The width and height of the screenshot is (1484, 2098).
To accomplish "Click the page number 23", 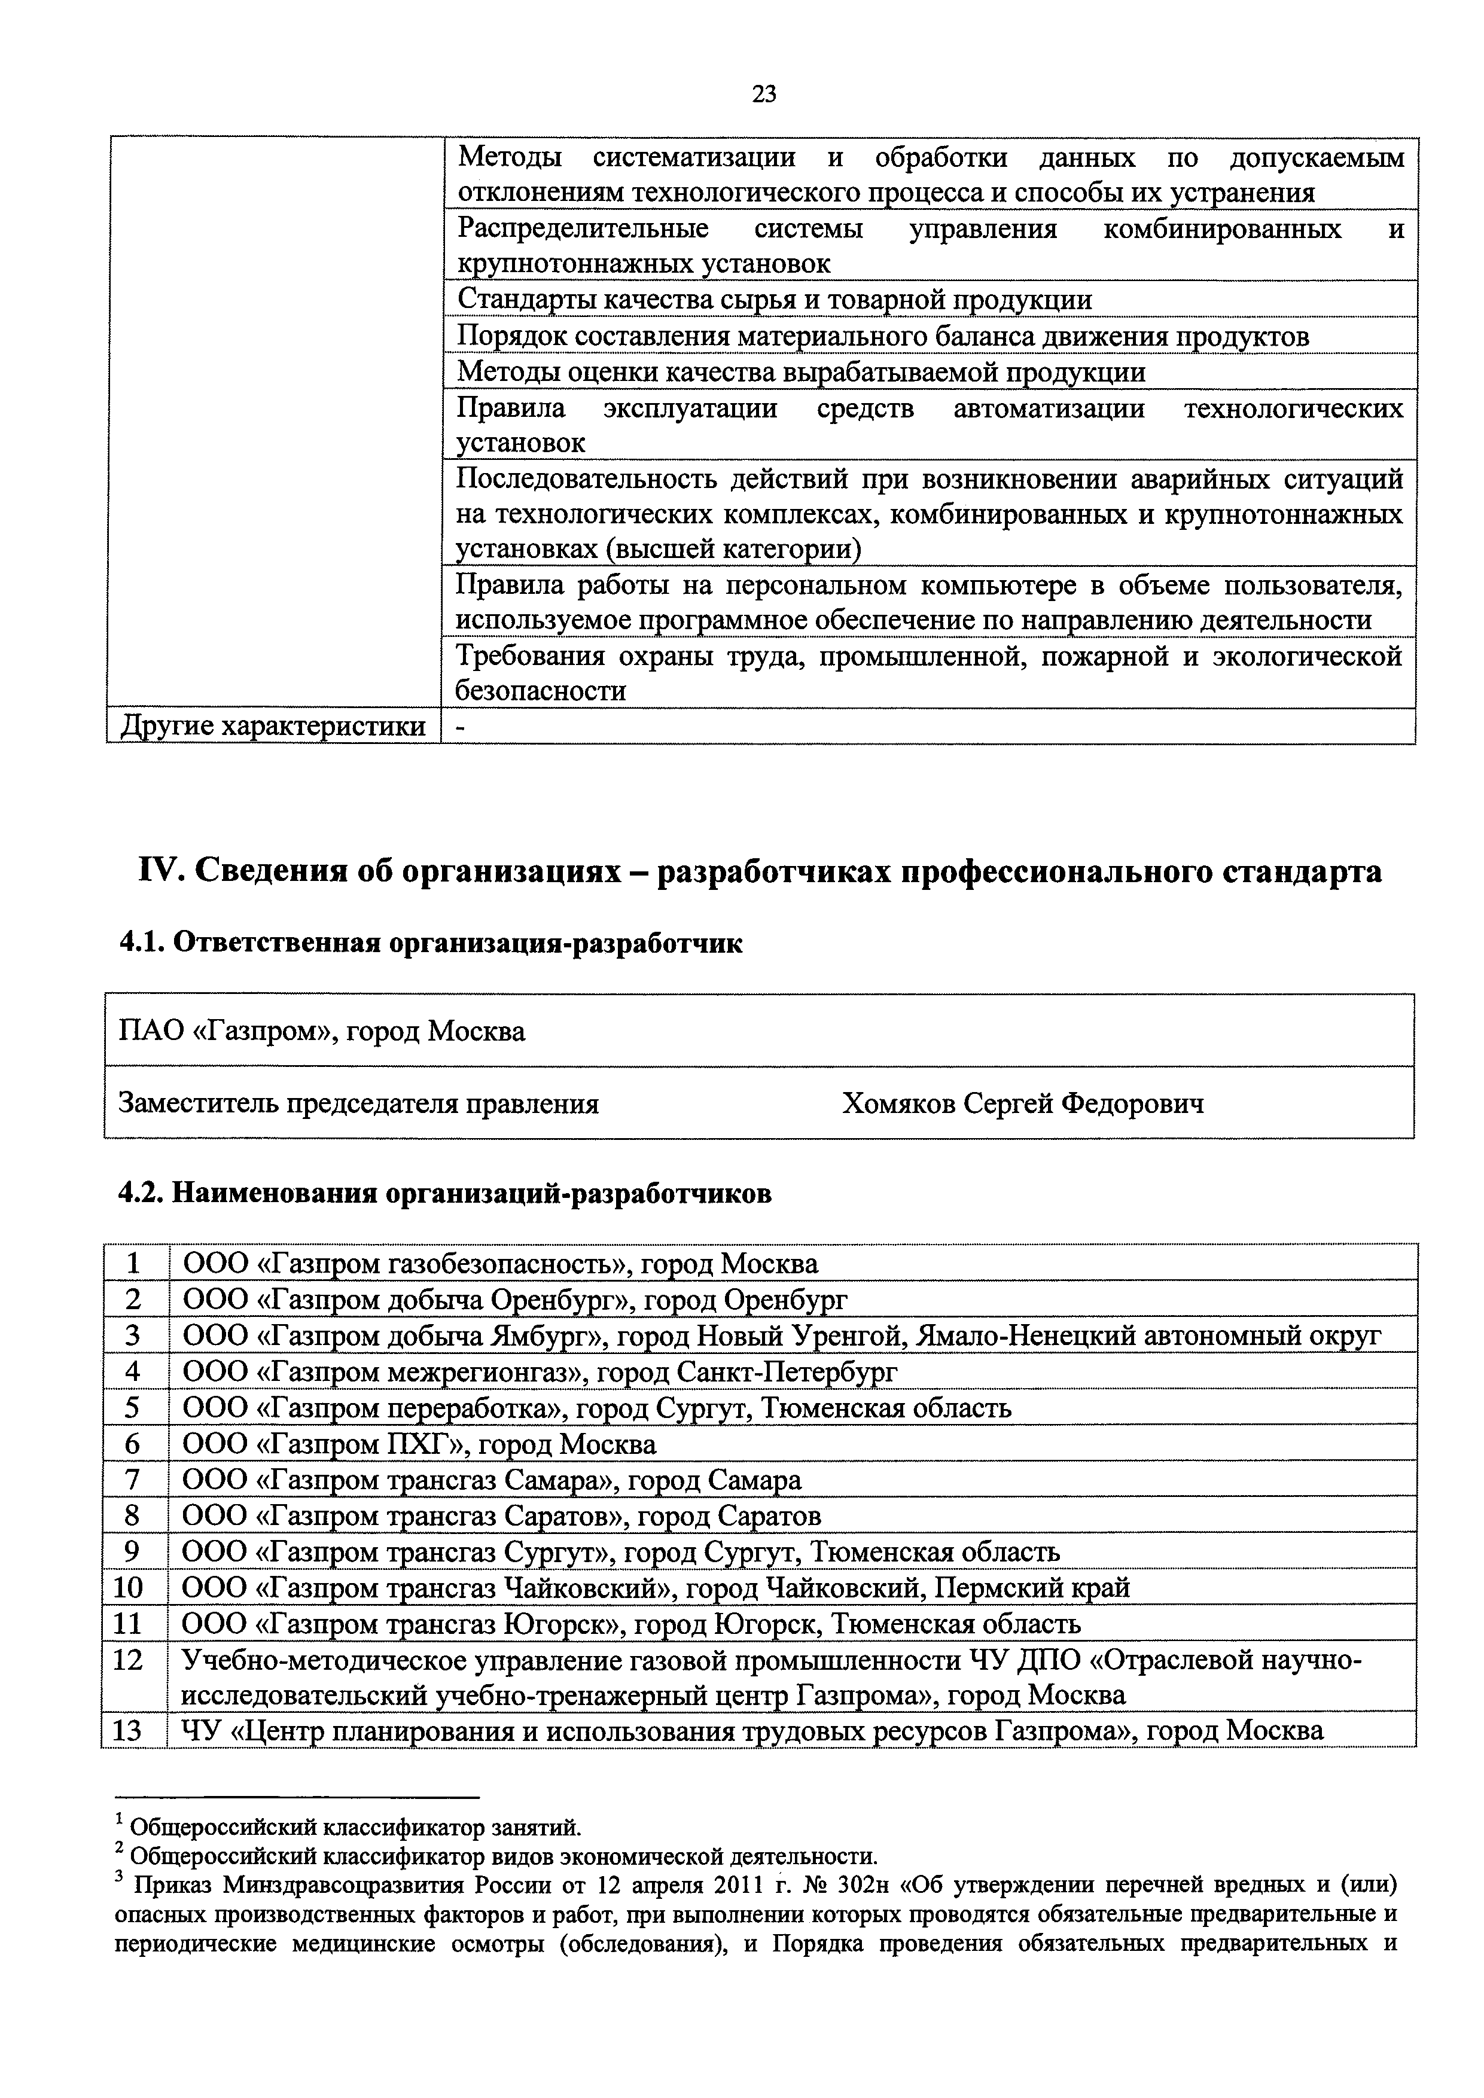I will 764,94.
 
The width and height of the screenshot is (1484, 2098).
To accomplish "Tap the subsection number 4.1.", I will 142,943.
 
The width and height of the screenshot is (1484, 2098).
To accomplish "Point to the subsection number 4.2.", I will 142,1193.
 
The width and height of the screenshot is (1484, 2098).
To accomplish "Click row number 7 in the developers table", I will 133,1480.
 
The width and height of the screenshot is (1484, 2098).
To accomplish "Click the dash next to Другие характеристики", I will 459,727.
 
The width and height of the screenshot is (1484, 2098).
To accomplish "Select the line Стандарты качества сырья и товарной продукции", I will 774,300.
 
